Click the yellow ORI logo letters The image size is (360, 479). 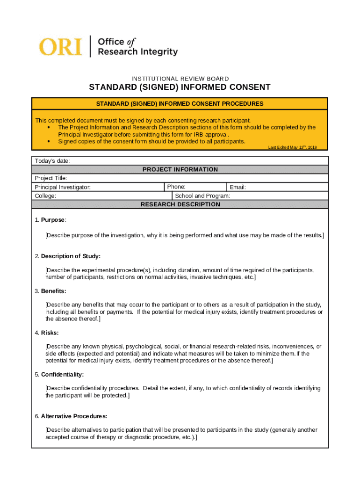(x=60, y=47)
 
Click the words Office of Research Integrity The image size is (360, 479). (x=137, y=47)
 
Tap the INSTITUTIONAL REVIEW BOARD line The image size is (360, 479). (x=180, y=79)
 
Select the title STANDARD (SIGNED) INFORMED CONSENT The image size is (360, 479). (x=180, y=87)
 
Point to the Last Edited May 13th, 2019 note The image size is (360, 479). (x=292, y=147)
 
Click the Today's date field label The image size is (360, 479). (x=52, y=161)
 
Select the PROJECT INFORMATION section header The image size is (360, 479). (x=180, y=169)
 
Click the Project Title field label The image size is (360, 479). (x=51, y=178)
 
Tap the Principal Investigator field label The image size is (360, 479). (x=63, y=187)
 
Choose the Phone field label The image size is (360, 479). (x=176, y=187)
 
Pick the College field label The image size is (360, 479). (x=45, y=196)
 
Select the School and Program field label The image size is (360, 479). (x=202, y=196)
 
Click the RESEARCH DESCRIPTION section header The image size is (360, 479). (x=180, y=204)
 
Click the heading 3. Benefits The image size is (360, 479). (x=50, y=291)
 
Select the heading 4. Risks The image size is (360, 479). (x=46, y=333)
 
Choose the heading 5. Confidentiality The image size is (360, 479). (x=59, y=375)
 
